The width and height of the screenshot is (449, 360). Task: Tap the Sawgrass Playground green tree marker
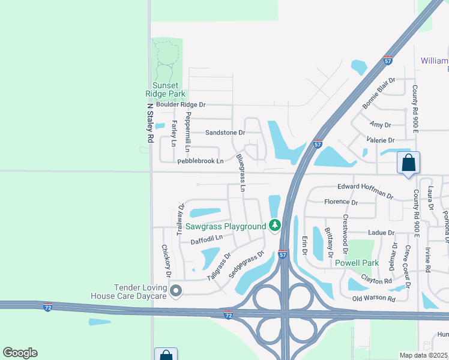(x=275, y=226)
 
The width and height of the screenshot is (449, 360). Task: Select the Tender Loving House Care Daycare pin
(x=176, y=291)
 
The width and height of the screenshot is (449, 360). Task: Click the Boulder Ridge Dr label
(x=181, y=104)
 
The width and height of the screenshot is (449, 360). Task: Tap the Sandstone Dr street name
(x=225, y=133)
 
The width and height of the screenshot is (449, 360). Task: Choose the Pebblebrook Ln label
(x=200, y=161)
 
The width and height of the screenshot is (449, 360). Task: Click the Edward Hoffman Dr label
(x=365, y=190)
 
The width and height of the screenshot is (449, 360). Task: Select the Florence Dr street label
(x=340, y=203)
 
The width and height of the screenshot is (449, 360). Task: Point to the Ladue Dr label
(x=381, y=232)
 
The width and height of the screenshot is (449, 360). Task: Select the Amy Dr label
(x=381, y=125)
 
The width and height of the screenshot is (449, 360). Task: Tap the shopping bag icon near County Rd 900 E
(x=408, y=163)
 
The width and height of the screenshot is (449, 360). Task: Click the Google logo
(x=20, y=353)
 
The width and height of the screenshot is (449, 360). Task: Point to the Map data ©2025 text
(x=424, y=355)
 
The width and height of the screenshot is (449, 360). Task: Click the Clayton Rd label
(x=376, y=280)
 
